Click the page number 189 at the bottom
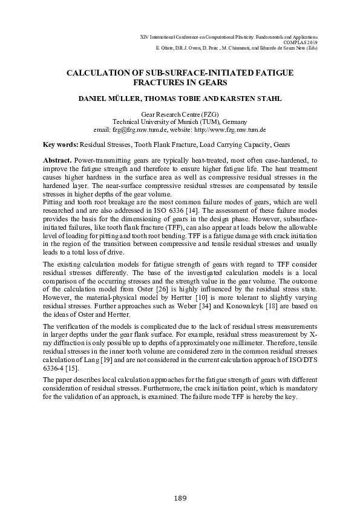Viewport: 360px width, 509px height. pyautogui.click(x=180, y=498)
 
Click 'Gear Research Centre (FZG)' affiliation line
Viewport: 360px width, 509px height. pyautogui.click(x=180, y=114)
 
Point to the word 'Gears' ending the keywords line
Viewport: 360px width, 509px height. pyautogui.click(x=264, y=145)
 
